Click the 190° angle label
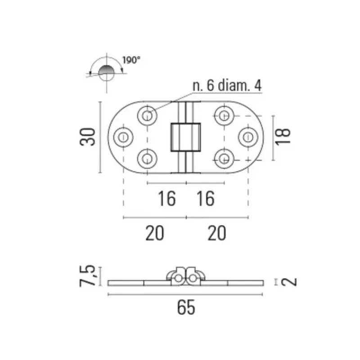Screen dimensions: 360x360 131,60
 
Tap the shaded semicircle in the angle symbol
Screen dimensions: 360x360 106,70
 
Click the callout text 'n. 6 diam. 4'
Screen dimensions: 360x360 227,85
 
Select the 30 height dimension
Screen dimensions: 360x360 87,137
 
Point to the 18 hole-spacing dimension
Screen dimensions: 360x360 283,137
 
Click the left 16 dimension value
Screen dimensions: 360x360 167,198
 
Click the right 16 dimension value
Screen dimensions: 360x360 206,198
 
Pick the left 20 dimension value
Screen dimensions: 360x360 155,233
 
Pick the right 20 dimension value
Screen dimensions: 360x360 217,233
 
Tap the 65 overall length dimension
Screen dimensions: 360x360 186,308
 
